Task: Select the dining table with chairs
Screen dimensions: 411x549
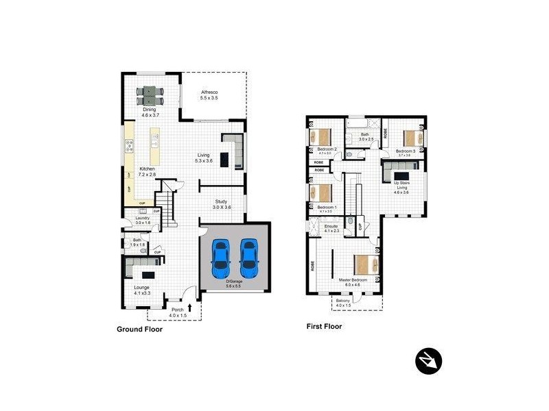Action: click(149, 94)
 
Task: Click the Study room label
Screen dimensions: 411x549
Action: click(222, 201)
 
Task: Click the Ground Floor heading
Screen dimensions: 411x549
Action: click(139, 329)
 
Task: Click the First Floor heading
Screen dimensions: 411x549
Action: click(324, 327)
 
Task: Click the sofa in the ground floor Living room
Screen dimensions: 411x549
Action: click(233, 151)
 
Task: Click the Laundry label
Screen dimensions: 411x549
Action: click(143, 219)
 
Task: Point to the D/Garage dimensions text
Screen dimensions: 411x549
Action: click(234, 287)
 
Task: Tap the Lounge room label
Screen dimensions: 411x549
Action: click(141, 288)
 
